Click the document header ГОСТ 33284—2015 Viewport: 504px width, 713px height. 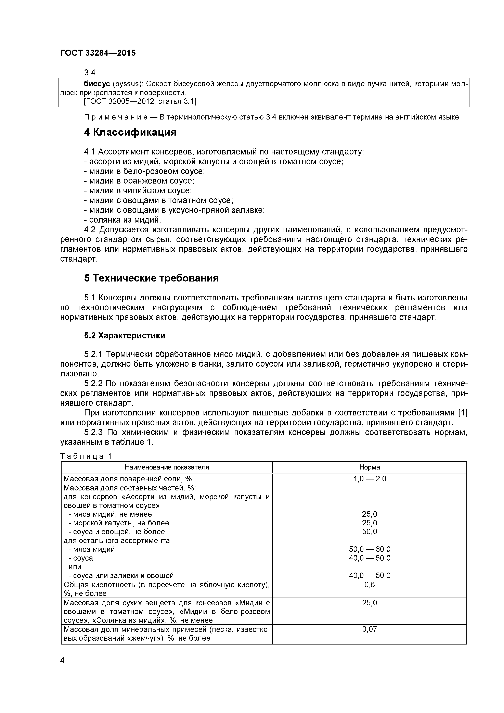[98, 53]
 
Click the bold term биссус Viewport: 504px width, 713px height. [97, 84]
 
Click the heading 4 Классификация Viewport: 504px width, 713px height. [130, 132]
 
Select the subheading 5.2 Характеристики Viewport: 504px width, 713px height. [125, 336]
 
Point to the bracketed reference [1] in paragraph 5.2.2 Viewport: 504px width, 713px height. [462, 413]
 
